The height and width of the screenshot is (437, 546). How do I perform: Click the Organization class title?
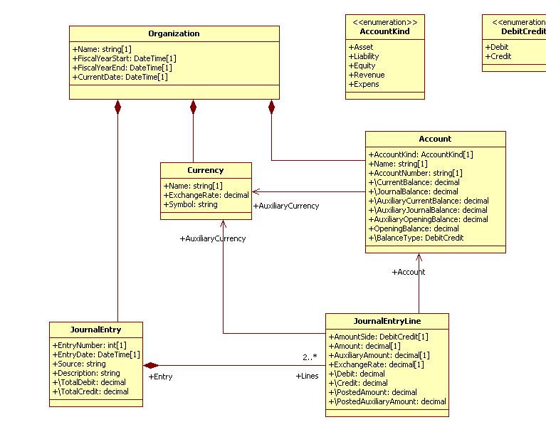[x=174, y=33]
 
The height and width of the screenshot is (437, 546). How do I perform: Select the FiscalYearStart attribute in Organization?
[x=125, y=58]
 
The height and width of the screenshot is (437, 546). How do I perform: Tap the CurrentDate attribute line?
[x=120, y=77]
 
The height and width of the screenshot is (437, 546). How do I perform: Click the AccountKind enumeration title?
[x=384, y=31]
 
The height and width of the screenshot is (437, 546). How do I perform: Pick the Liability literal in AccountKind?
[x=364, y=56]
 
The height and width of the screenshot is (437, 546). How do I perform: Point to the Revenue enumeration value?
[x=367, y=75]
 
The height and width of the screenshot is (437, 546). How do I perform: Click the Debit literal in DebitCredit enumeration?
[x=497, y=47]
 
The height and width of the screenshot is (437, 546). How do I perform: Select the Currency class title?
[x=206, y=170]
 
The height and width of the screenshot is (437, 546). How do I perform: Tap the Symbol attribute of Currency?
[x=191, y=204]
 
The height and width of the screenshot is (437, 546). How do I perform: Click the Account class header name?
[x=435, y=139]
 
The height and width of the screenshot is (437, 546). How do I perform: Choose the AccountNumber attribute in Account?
[x=416, y=173]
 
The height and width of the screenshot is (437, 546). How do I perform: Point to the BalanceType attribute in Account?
[x=416, y=238]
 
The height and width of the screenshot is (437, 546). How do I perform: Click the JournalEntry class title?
[x=96, y=330]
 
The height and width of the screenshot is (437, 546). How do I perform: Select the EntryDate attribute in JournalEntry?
[x=96, y=354]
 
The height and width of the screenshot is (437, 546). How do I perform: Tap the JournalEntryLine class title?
[x=387, y=321]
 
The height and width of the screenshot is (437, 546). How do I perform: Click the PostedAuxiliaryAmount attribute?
[x=387, y=401]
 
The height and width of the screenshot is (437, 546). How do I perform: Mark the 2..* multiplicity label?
[x=310, y=357]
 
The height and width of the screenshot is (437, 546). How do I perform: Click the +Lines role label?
[x=307, y=376]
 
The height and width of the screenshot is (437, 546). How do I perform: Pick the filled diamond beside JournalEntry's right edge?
[x=151, y=365]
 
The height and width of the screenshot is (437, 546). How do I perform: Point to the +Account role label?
[x=409, y=272]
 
